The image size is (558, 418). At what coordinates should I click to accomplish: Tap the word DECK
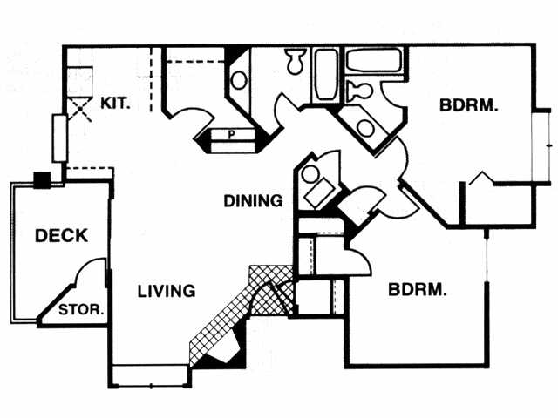(61, 235)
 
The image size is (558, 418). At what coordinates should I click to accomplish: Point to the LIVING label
(166, 291)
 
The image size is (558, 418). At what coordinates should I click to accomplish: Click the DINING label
(253, 201)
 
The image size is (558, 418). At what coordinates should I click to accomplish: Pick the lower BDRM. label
(418, 288)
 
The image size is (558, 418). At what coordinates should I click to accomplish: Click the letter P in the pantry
(232, 134)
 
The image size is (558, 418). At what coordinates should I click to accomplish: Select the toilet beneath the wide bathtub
(357, 90)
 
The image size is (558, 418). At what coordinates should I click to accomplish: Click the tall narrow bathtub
(327, 74)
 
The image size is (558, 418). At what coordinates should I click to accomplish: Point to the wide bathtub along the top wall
(373, 61)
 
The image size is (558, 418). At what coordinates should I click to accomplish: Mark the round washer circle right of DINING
(310, 173)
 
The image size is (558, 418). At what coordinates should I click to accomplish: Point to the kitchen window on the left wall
(59, 138)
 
